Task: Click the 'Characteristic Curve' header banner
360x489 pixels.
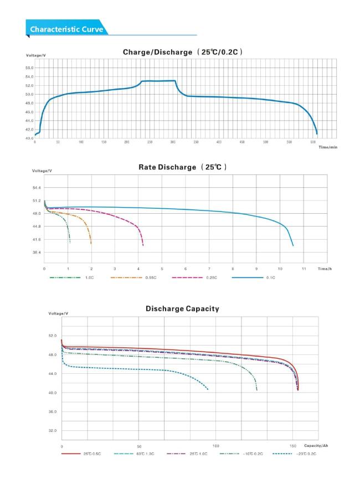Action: coord(66,29)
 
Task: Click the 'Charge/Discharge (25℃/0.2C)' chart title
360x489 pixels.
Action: coord(182,52)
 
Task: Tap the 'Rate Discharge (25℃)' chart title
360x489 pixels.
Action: coord(182,167)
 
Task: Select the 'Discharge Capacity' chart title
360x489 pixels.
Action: coord(182,308)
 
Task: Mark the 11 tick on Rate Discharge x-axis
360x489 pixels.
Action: coord(304,268)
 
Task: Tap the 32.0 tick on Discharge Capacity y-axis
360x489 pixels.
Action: coord(53,430)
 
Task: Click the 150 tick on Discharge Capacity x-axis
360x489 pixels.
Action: coord(293,446)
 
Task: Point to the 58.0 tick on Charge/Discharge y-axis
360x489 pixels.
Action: coord(29,68)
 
